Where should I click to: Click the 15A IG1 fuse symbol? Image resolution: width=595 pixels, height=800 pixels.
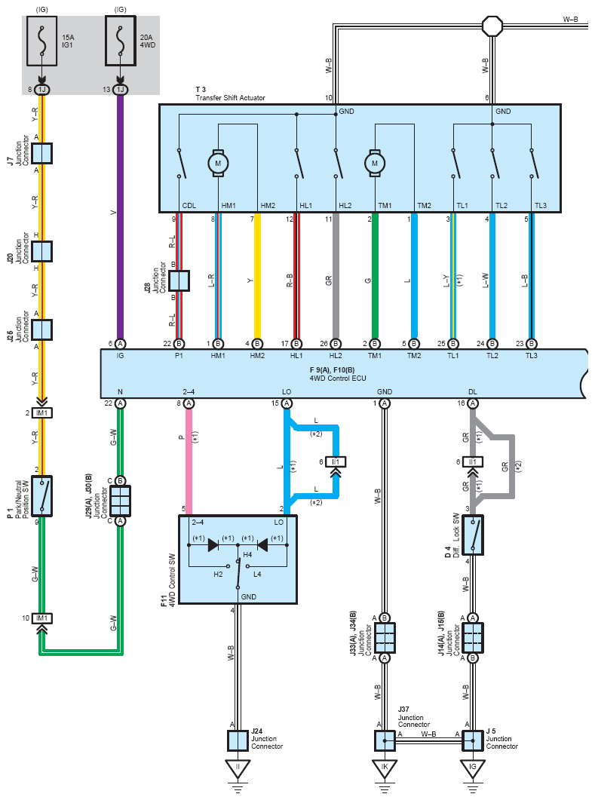(x=41, y=41)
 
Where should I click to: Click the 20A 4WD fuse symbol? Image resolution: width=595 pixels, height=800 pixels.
(x=121, y=41)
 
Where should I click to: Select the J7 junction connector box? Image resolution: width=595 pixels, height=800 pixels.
(x=41, y=153)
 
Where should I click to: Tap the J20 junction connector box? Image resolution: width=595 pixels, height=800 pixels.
(x=41, y=252)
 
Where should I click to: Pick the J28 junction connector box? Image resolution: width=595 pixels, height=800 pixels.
(x=179, y=280)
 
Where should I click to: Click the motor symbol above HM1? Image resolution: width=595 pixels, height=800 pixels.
(x=218, y=164)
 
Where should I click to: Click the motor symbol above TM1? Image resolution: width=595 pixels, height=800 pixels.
(x=375, y=164)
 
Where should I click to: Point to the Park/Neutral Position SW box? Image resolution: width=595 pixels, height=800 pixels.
(x=41, y=496)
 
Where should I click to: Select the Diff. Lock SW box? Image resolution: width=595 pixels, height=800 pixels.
(x=473, y=535)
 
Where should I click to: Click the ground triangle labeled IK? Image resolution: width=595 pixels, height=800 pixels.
(x=385, y=768)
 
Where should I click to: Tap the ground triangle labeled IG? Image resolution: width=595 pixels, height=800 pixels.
(x=473, y=768)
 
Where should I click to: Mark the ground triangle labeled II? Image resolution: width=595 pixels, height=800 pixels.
(x=238, y=768)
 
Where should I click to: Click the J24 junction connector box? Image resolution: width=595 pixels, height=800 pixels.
(x=238, y=740)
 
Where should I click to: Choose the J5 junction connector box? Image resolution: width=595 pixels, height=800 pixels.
(x=473, y=740)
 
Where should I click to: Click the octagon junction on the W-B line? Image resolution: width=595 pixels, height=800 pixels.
(x=492, y=25)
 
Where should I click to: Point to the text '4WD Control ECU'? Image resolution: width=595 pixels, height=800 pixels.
(x=338, y=378)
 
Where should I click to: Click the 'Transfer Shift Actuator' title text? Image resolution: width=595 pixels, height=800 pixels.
(x=230, y=97)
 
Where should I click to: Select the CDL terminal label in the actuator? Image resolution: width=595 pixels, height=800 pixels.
(x=189, y=206)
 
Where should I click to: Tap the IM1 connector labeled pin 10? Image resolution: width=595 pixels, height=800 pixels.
(x=41, y=618)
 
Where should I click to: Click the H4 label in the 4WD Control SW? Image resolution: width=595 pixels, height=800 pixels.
(x=247, y=555)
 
